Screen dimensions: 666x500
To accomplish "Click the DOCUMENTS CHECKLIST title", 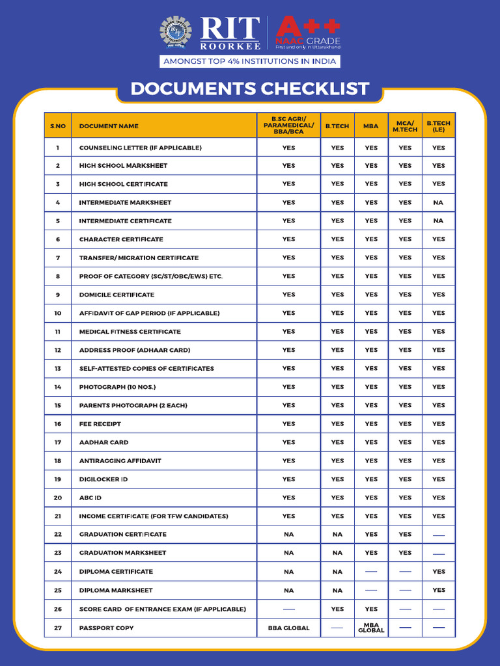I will [250, 89].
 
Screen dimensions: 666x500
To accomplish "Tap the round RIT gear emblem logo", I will [176, 33].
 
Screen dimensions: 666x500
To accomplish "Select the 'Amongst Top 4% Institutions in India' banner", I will [250, 61].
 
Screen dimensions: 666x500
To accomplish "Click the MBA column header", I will [371, 126].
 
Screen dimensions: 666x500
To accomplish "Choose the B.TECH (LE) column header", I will [439, 126].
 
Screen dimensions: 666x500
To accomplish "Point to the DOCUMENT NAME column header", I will [109, 126].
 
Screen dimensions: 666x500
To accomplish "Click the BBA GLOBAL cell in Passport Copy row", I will [288, 628].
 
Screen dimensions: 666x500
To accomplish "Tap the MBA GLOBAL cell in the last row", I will [371, 628].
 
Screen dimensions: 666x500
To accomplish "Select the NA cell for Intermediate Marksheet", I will [439, 202].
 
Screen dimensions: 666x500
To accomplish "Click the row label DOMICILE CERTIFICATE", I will [117, 295].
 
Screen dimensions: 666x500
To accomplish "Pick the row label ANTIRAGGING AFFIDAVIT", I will [120, 460].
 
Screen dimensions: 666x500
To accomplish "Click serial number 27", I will [58, 628].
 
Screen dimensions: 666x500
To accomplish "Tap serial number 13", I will [58, 369].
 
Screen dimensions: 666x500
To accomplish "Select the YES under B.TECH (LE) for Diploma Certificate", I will [439, 572].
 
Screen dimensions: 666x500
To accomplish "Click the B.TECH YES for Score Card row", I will [337, 609].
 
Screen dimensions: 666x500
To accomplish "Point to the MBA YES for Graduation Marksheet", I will [371, 553].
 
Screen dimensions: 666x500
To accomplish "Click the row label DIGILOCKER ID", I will [104, 479].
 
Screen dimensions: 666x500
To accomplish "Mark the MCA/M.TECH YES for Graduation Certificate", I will [405, 535].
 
